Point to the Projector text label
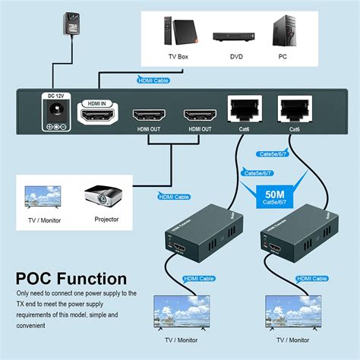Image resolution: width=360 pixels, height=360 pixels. tap(106, 219)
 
